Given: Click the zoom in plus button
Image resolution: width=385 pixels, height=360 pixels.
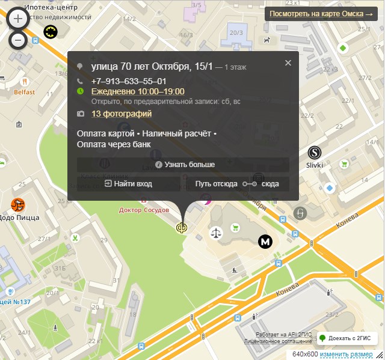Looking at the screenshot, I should pyautogui.click(x=18, y=19).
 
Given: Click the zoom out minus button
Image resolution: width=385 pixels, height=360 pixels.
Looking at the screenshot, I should pyautogui.click(x=18, y=40).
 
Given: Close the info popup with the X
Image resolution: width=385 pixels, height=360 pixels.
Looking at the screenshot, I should pyautogui.click(x=288, y=63).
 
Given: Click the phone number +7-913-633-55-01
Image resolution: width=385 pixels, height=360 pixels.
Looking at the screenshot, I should pyautogui.click(x=129, y=81).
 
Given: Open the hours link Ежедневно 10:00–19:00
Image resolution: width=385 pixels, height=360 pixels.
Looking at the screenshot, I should pyautogui.click(x=138, y=91).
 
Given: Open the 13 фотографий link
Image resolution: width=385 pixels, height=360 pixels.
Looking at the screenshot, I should pyautogui.click(x=122, y=114).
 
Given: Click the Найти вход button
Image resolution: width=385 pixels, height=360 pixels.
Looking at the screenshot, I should pyautogui.click(x=128, y=184).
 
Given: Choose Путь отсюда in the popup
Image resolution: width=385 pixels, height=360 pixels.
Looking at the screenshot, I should pyautogui.click(x=216, y=184).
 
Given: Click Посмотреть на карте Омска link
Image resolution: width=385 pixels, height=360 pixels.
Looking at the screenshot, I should pyautogui.click(x=321, y=13).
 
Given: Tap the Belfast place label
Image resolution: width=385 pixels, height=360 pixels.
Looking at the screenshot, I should pyautogui.click(x=25, y=92).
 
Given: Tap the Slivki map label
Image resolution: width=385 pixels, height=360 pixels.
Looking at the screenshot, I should pyautogui.click(x=315, y=165).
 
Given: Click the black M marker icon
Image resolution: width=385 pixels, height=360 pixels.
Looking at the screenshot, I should pyautogui.click(x=265, y=241).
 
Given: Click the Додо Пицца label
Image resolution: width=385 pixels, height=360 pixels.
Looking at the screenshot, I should pyautogui.click(x=20, y=217).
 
